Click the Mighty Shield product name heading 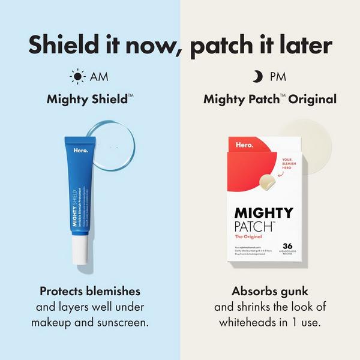point(89,99)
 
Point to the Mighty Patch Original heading point(269,99)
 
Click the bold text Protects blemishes point(90,291)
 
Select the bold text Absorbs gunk point(270,291)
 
